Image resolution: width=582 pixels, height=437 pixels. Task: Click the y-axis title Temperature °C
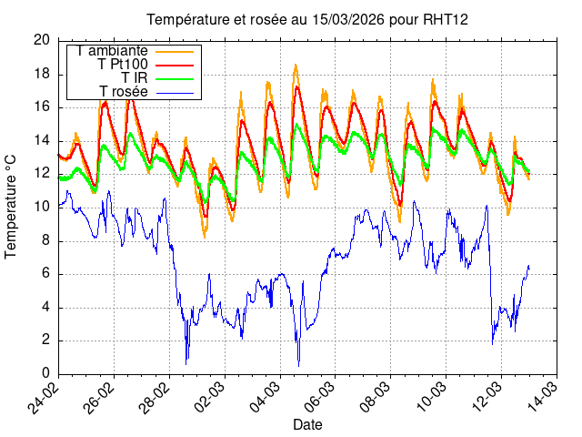tap(11, 207)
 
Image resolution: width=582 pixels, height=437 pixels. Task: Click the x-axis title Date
tap(307, 425)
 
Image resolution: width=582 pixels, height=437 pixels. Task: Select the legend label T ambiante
tap(113, 51)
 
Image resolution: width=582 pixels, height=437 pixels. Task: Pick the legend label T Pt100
tap(122, 65)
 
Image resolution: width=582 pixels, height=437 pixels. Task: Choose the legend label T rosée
tap(123, 91)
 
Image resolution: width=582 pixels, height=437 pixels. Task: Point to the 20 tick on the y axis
tap(42, 40)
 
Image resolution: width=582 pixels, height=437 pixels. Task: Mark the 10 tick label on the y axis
tap(42, 208)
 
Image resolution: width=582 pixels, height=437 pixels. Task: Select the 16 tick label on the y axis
tap(42, 107)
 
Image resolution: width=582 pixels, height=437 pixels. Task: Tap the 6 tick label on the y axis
tap(45, 274)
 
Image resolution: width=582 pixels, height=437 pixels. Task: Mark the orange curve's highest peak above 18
tap(296, 66)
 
